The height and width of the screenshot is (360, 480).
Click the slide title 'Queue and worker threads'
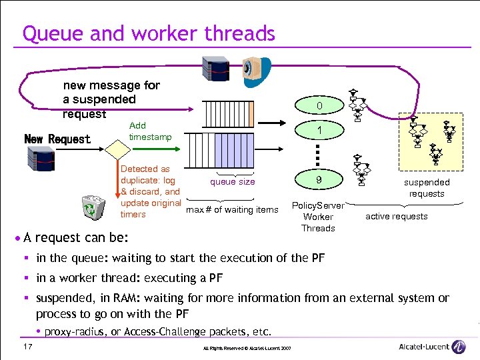(x=149, y=33)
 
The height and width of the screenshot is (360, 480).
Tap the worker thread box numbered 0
(x=319, y=106)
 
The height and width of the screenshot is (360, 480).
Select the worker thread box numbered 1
(x=319, y=131)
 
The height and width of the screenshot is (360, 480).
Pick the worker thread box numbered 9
(x=319, y=179)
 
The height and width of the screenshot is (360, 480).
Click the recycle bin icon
(x=91, y=208)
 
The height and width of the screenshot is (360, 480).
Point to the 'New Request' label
(x=57, y=139)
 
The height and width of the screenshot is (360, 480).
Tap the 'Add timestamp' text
(x=150, y=131)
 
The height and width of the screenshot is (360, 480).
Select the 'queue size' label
(x=232, y=181)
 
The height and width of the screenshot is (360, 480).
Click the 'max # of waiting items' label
(x=232, y=210)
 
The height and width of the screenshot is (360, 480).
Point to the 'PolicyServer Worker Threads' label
(x=318, y=217)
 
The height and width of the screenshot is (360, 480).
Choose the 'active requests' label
(x=397, y=216)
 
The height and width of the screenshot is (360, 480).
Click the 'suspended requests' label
(x=427, y=188)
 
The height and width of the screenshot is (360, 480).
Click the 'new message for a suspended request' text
(x=111, y=99)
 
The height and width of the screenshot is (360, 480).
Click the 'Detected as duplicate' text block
(x=150, y=191)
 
